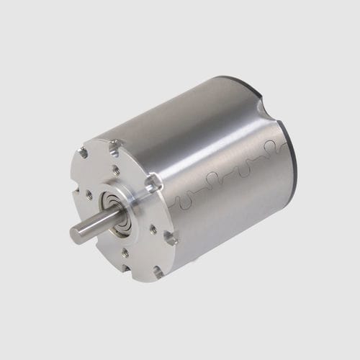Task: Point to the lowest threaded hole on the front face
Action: (125, 252)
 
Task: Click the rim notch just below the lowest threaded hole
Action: (156, 271)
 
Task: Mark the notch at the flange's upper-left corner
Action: (84, 153)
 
